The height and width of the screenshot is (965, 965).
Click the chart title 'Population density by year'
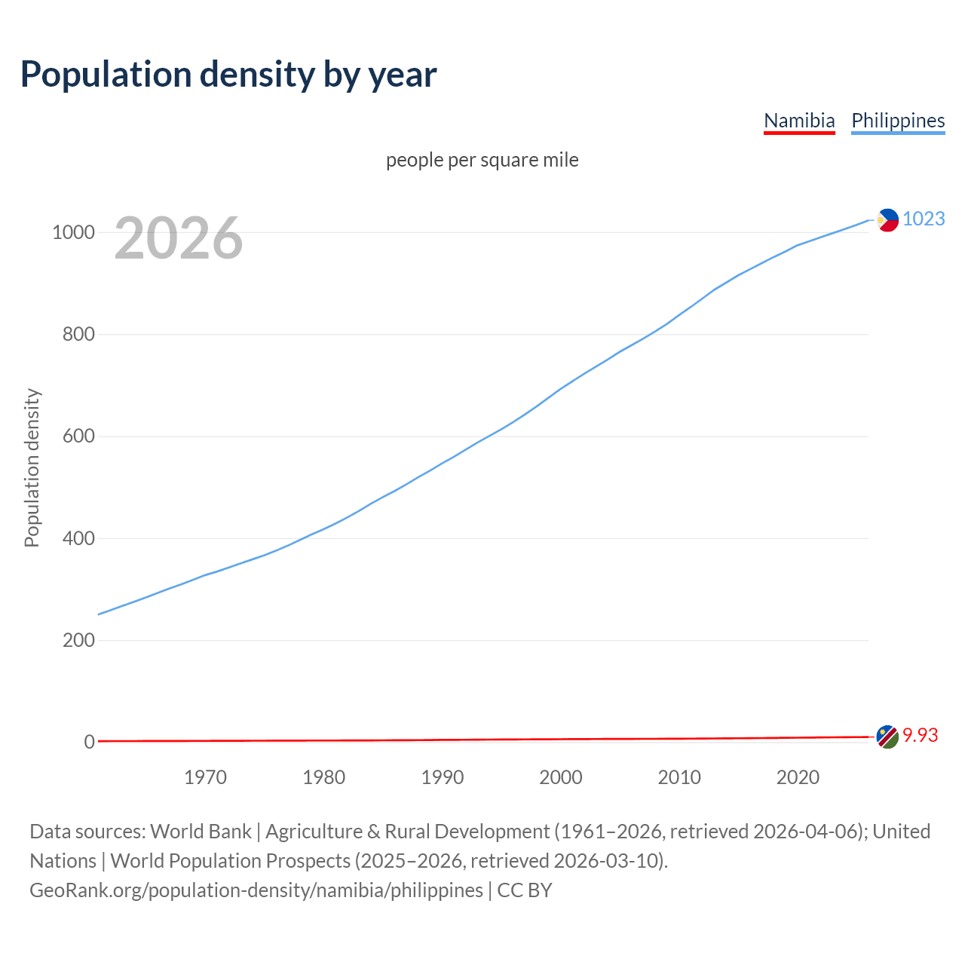pyautogui.click(x=228, y=74)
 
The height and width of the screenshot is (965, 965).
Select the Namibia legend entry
pyautogui.click(x=799, y=121)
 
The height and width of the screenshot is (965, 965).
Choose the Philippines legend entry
pyautogui.click(x=897, y=121)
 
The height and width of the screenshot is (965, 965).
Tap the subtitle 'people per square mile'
pyautogui.click(x=482, y=160)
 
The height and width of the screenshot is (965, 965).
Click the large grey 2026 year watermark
pyautogui.click(x=179, y=238)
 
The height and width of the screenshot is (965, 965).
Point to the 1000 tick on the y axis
pyautogui.click(x=73, y=232)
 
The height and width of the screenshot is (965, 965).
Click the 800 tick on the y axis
pyautogui.click(x=78, y=334)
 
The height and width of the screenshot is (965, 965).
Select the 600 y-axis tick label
pyautogui.click(x=78, y=437)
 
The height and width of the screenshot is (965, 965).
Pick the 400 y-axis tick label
pyautogui.click(x=78, y=538)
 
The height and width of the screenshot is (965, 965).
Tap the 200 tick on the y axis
pyautogui.click(x=78, y=640)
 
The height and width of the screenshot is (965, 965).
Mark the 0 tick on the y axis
pyautogui.click(x=89, y=743)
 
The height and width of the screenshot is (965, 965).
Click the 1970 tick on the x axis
pyautogui.click(x=205, y=777)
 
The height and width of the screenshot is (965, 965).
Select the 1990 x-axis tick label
pyautogui.click(x=443, y=777)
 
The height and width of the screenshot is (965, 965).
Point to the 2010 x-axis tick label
pyautogui.click(x=679, y=777)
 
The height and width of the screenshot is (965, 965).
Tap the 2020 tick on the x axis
pyautogui.click(x=798, y=777)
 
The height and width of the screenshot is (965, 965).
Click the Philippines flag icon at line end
pyautogui.click(x=887, y=219)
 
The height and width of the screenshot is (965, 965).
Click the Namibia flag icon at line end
pyautogui.click(x=887, y=737)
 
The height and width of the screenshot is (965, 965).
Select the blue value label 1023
pyautogui.click(x=924, y=219)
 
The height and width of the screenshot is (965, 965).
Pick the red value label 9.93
pyautogui.click(x=921, y=735)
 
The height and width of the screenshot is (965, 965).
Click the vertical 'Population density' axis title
pyautogui.click(x=32, y=467)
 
